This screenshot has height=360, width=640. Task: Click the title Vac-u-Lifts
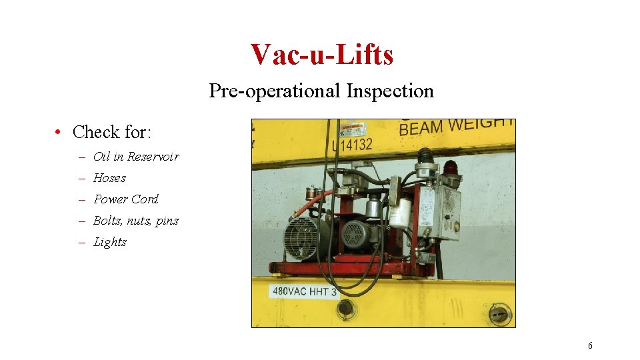point(322,54)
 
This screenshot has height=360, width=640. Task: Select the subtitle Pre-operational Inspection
point(321,91)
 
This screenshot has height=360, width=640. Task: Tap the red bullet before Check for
point(59,132)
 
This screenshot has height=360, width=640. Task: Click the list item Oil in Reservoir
point(136,157)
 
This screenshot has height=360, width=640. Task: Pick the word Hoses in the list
point(109,178)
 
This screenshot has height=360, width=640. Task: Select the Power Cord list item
point(126,199)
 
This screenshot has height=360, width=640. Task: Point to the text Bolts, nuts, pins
point(136,221)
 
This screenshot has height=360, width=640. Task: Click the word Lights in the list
point(110,242)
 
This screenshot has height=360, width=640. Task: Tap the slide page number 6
point(590,345)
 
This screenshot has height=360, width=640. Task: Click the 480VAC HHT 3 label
point(304,291)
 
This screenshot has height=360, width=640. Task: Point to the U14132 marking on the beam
point(352,145)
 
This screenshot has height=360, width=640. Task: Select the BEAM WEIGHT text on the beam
point(456,126)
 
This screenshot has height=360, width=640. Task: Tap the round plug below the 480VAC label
point(345,308)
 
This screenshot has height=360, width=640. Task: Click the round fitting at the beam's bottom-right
point(498,313)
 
